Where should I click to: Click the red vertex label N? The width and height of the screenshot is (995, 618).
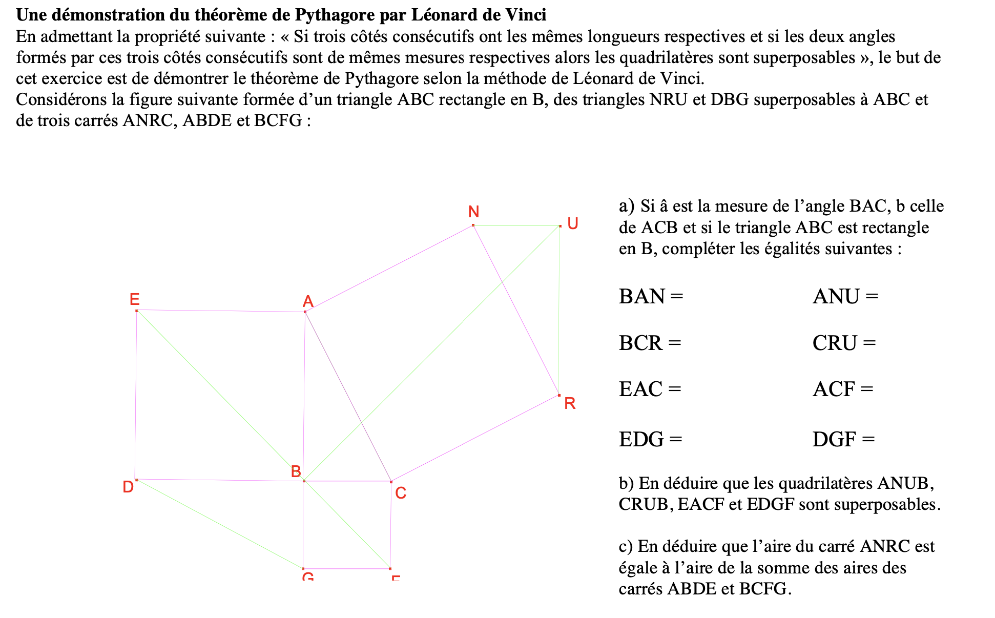[x=473, y=212]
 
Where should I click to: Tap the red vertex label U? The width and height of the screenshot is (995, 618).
[x=573, y=223]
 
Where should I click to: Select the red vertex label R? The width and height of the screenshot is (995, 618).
[x=570, y=403]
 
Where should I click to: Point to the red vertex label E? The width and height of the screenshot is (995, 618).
[x=134, y=299]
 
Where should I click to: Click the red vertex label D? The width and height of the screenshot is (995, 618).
[x=128, y=487]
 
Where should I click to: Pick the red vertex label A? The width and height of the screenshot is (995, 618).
[x=308, y=301]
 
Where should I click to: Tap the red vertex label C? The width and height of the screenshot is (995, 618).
[x=401, y=493]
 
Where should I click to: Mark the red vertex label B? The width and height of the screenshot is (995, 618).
[x=296, y=471]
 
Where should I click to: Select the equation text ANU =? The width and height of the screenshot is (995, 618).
[x=845, y=297]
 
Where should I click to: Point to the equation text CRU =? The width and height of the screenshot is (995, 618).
[x=844, y=343]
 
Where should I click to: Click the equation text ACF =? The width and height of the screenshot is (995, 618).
[x=843, y=389]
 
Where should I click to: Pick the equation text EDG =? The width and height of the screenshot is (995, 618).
[x=650, y=439]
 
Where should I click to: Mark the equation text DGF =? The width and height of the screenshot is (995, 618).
[x=843, y=439]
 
